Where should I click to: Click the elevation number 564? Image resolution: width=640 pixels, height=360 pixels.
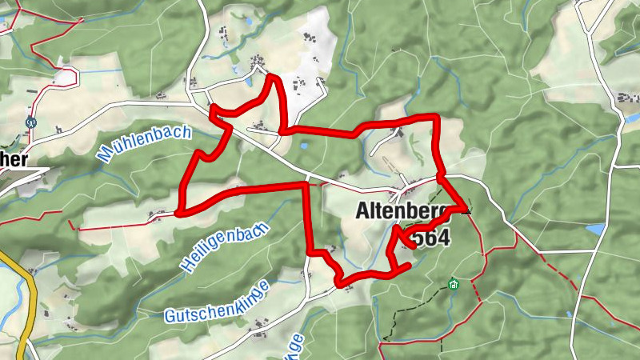tap(432, 238)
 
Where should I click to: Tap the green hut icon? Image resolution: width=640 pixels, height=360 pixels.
tap(454, 284)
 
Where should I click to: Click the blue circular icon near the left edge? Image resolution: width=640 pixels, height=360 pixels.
tap(31, 123)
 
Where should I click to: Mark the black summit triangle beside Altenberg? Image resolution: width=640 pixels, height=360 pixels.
tap(465, 210)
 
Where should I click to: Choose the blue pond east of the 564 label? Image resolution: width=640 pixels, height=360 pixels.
tap(595, 230)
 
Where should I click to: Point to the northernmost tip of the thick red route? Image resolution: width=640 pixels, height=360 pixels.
tap(272, 77)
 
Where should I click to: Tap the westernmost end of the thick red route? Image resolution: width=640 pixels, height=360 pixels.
tap(178, 214)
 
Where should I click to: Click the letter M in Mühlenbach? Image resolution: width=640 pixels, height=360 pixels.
tap(104, 156)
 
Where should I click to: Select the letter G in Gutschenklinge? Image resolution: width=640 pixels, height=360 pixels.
tap(171, 317)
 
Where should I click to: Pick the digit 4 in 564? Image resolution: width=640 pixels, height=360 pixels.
tap(444, 238)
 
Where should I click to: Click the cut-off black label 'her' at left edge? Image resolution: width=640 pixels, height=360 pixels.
tap(14, 160)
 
